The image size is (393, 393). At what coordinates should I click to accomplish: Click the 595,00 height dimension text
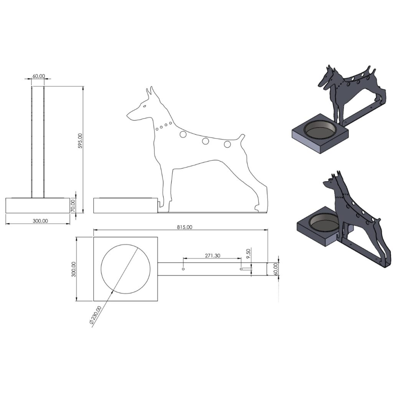[x=80, y=141]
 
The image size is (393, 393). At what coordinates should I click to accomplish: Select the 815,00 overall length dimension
[x=185, y=227]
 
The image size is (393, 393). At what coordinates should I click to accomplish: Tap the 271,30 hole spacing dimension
[x=213, y=255]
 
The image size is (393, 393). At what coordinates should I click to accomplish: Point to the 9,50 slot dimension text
[x=248, y=254]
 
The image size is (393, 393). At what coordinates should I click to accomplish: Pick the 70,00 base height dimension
[x=73, y=206]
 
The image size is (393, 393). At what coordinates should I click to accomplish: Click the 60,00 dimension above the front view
[x=39, y=76]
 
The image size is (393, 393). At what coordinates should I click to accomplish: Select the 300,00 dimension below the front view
[x=40, y=221]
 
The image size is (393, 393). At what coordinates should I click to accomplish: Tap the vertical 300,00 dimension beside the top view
[x=73, y=269]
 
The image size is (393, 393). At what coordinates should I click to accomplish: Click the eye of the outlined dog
[x=144, y=106]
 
